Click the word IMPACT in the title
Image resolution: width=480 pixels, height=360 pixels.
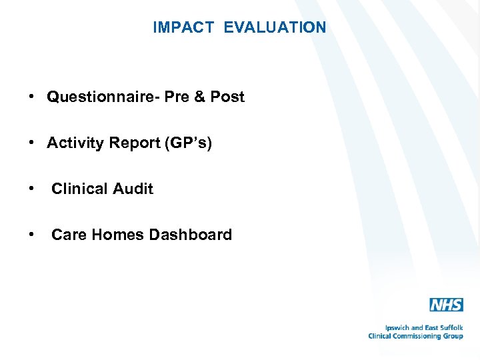183,27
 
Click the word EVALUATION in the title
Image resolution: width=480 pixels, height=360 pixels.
275,27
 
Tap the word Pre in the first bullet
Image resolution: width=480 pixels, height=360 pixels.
177,97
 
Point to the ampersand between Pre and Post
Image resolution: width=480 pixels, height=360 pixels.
200,97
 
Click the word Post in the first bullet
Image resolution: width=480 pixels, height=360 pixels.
227,97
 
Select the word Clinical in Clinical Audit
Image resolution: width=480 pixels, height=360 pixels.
77,189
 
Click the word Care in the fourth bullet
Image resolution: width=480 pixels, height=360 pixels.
67,235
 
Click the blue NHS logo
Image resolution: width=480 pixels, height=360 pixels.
446,305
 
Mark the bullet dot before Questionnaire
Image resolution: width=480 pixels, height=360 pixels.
32,97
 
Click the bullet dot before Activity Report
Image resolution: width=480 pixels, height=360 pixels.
32,143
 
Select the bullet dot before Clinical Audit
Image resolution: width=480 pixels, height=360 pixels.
32,189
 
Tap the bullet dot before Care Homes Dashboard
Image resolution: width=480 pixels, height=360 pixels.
32,235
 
